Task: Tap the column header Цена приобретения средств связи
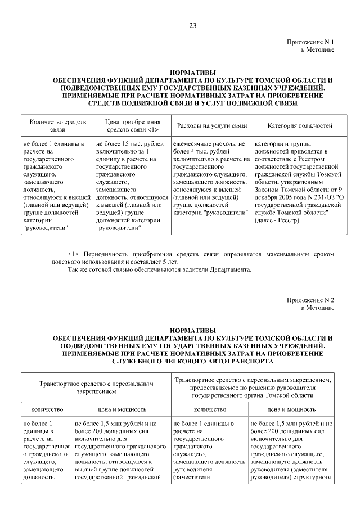(x=133, y=125)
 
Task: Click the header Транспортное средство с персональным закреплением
(x=96, y=388)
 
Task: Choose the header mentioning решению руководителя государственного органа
(x=253, y=388)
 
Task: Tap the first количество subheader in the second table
(x=47, y=409)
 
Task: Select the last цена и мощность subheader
(x=291, y=409)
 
